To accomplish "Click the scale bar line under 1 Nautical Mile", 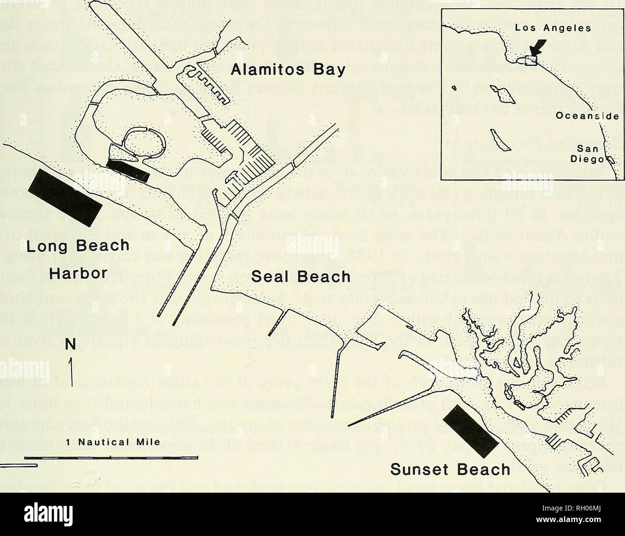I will point(111,457).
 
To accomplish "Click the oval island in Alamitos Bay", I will point(143,142).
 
